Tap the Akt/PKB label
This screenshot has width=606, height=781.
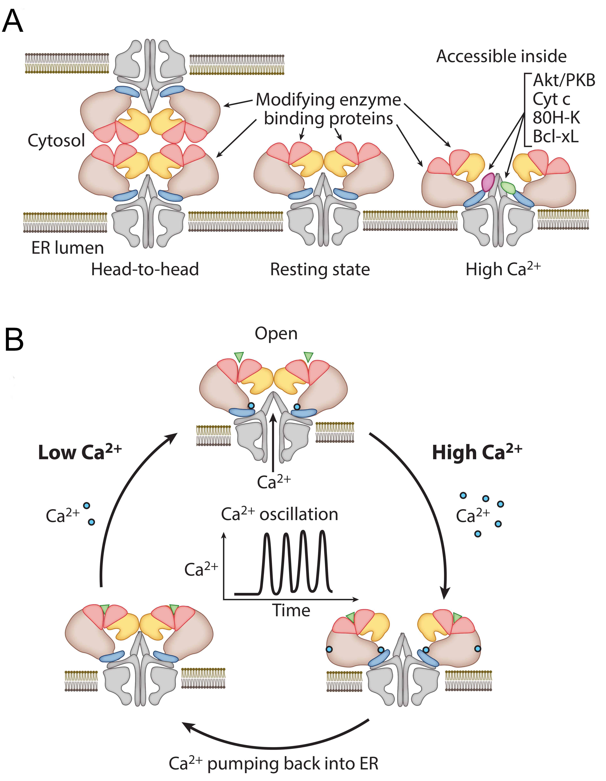(564, 81)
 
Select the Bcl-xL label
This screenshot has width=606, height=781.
(555, 137)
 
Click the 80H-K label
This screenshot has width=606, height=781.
(556, 118)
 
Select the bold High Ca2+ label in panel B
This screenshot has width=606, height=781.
(477, 452)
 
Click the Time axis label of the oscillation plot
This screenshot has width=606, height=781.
(291, 610)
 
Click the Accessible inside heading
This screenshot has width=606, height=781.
(501, 57)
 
